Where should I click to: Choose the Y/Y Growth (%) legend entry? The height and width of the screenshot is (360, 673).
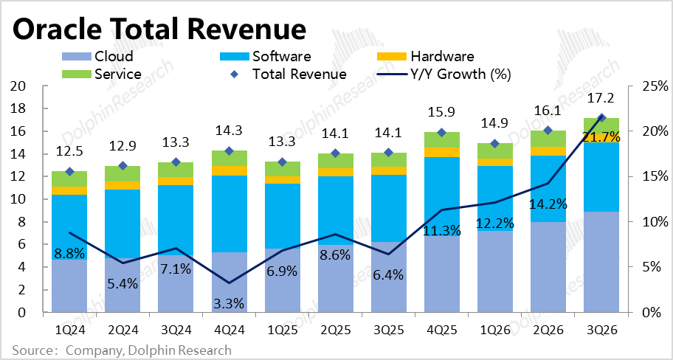(443, 74)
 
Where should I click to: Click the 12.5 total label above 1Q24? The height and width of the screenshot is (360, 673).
(69, 153)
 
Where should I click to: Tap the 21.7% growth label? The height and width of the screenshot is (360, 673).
(602, 137)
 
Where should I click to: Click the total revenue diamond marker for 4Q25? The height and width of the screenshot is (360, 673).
(441, 133)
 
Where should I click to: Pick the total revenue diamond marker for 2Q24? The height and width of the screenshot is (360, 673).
(122, 166)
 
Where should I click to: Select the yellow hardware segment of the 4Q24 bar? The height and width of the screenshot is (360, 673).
(230, 170)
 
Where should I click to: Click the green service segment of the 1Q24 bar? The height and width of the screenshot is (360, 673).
(69, 179)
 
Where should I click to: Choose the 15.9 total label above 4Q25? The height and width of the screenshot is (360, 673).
(441, 114)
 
